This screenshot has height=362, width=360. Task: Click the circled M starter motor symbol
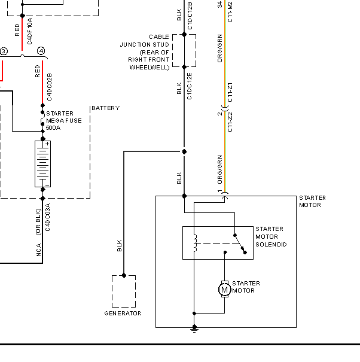pos(224,289)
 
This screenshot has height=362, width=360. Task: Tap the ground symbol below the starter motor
pos(194,328)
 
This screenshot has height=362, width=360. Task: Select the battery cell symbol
pos(42,164)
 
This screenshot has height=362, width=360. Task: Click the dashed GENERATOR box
pos(112,291)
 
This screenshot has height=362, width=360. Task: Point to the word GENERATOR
pos(123,314)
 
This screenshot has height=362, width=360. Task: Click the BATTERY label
pos(106,108)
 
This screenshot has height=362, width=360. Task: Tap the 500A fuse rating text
pos(53,127)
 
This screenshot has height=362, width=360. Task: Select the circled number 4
pos(41,51)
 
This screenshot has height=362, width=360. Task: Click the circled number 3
pos(4,51)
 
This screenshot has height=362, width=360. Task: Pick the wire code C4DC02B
pos(50,87)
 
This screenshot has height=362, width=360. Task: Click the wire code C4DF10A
pos(29,31)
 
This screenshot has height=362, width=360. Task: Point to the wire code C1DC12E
pos(189,86)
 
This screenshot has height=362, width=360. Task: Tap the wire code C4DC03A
pos(47,217)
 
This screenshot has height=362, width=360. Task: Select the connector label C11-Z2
pos(230,122)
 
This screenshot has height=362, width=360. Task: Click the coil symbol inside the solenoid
pos(195,243)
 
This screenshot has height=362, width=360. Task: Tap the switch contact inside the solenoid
pos(240,244)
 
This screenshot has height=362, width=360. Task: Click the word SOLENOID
pos(271,244)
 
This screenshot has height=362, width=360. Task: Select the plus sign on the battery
pos(47,144)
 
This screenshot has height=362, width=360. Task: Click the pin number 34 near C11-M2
pos(219,4)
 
